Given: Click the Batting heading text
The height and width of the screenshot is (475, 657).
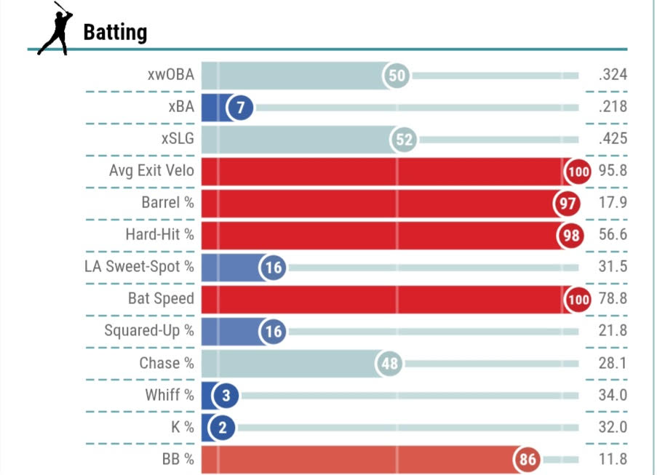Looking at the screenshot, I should tap(115, 33).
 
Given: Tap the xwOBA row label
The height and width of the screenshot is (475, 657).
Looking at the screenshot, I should tap(170, 75).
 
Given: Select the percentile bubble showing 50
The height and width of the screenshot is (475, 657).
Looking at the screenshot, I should tap(397, 75).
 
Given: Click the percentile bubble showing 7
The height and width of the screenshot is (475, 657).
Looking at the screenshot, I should tap(240, 108).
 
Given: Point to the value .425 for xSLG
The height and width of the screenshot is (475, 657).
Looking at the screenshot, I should tap(613, 140).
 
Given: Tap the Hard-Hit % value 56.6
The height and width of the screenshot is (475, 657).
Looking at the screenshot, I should tap(613, 236).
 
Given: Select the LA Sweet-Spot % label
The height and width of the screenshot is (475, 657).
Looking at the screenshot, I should tap(140, 268).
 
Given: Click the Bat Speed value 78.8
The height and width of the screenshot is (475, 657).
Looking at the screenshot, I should tap(613, 300).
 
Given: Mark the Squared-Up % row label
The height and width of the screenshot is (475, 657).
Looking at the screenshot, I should tap(149, 332).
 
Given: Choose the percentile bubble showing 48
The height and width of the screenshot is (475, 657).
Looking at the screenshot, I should tap(391, 364).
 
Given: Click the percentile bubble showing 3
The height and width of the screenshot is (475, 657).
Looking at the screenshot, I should tap(226, 396).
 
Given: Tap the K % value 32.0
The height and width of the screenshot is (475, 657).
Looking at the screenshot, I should tap(613, 428).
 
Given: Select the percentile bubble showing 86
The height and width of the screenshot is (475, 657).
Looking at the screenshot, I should tap(527, 460).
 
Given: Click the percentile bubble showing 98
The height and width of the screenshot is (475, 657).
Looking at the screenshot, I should tap(569, 236).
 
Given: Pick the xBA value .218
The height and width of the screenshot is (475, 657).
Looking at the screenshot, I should tap(613, 108).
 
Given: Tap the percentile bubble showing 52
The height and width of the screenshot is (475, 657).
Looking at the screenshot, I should tap(404, 140).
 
